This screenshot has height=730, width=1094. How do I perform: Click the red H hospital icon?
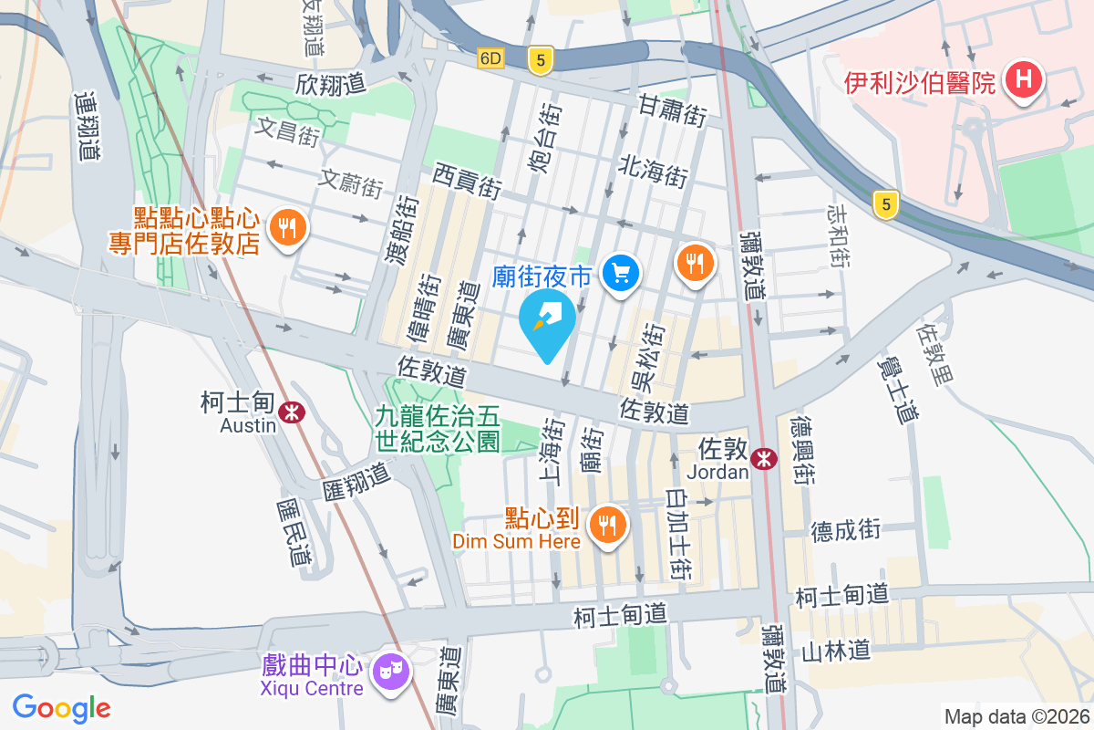pos(1023,80)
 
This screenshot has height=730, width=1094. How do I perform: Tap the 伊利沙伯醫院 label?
pos(919,84)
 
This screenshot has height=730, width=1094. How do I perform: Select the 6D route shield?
pos(490,58)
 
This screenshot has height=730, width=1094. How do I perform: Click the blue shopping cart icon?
pos(622,272)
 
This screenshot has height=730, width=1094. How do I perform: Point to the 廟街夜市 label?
pos(542,276)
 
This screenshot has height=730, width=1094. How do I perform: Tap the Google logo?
pos(62,708)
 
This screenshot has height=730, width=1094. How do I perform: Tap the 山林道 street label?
pos(836,651)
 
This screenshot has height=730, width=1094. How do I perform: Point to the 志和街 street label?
pos(838,235)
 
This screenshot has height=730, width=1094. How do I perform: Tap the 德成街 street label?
pos(846,529)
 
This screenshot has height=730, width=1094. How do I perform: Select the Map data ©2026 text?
pos(1016,716)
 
